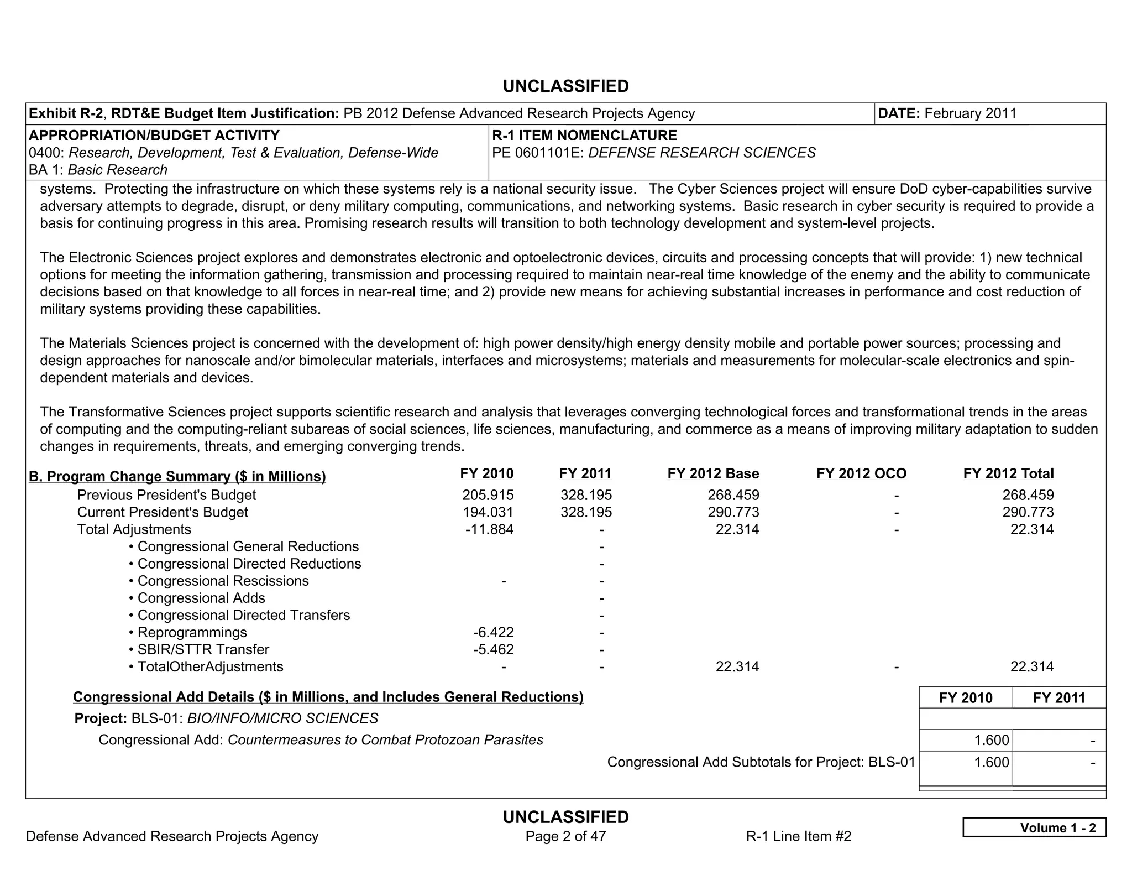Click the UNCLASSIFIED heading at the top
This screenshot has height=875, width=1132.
click(x=565, y=86)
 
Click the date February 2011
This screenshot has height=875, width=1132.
click(x=970, y=113)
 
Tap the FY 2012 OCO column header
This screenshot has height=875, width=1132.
click(x=861, y=474)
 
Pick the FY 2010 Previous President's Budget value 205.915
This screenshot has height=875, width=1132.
click(x=488, y=495)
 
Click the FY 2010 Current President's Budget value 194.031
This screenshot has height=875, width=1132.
click(x=488, y=512)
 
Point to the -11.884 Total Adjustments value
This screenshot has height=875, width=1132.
click(x=489, y=529)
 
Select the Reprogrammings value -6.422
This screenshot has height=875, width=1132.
click(x=493, y=632)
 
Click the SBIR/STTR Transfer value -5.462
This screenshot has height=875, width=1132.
click(x=493, y=649)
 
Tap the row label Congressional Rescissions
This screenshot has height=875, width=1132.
click(x=223, y=581)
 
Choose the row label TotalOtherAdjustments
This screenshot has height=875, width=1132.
click(x=210, y=666)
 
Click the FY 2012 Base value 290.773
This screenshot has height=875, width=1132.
click(x=733, y=512)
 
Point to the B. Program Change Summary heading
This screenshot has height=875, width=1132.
click(x=177, y=477)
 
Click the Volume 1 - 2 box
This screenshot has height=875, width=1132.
click(x=1034, y=827)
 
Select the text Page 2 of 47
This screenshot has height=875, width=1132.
click(x=565, y=836)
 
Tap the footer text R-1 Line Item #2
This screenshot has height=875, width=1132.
click(x=798, y=836)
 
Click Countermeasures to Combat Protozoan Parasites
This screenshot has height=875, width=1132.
click(x=385, y=740)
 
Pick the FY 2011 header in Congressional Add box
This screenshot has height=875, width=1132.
click(x=1058, y=698)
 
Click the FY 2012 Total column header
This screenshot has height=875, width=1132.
click(x=1008, y=474)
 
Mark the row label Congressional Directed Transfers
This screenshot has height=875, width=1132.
click(x=243, y=615)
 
